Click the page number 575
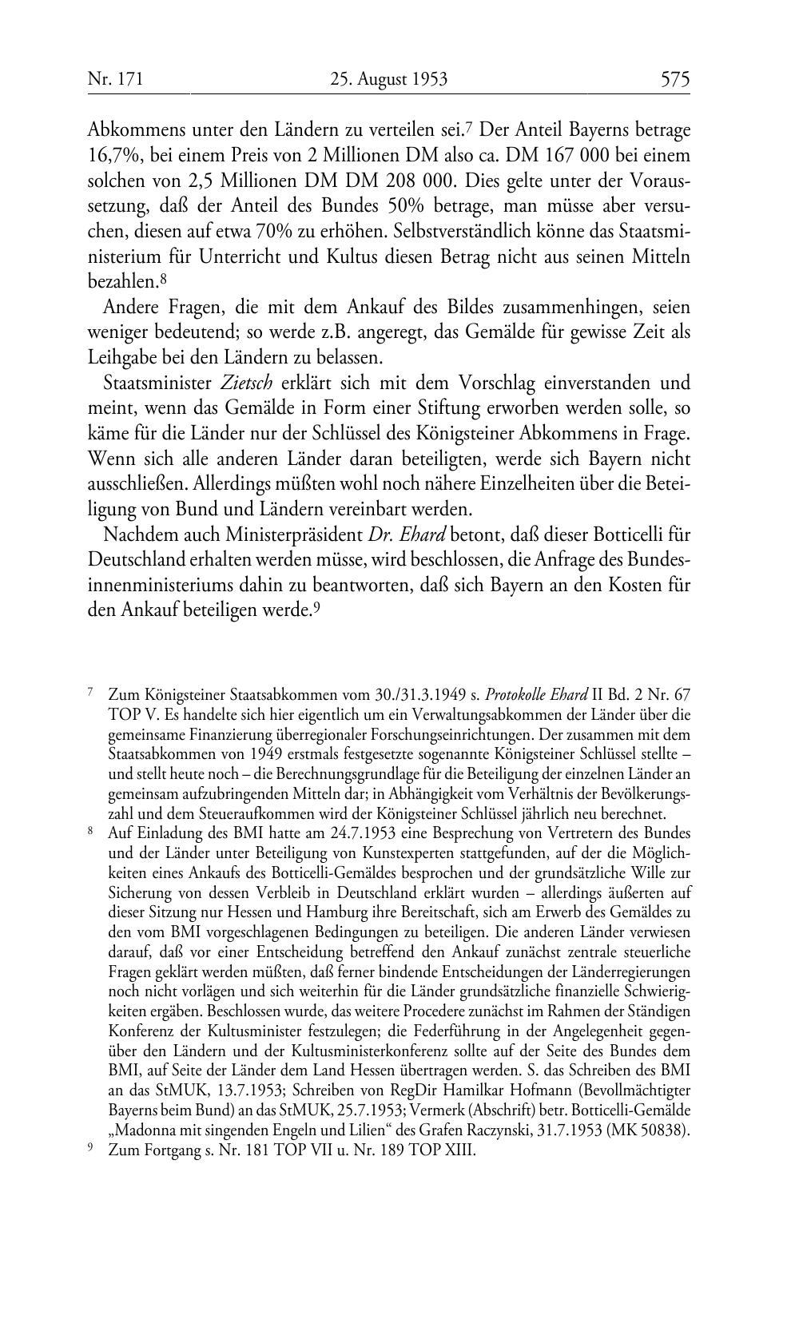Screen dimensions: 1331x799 point(674,79)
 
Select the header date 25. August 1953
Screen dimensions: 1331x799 point(388,79)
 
